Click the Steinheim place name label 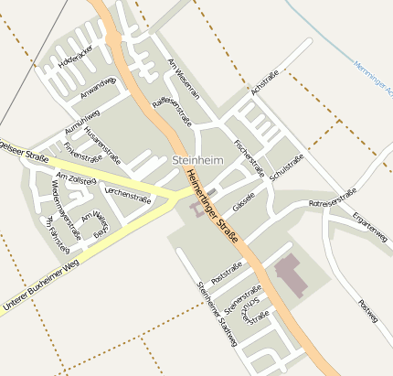[197, 160]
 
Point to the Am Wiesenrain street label [184, 78]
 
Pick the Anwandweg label [98, 87]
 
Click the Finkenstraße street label [83, 150]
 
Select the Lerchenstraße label [128, 194]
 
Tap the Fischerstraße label [249, 157]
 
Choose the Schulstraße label [287, 163]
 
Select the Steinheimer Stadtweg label [216, 313]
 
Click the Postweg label [367, 311]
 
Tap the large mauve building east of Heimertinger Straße [292, 273]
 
